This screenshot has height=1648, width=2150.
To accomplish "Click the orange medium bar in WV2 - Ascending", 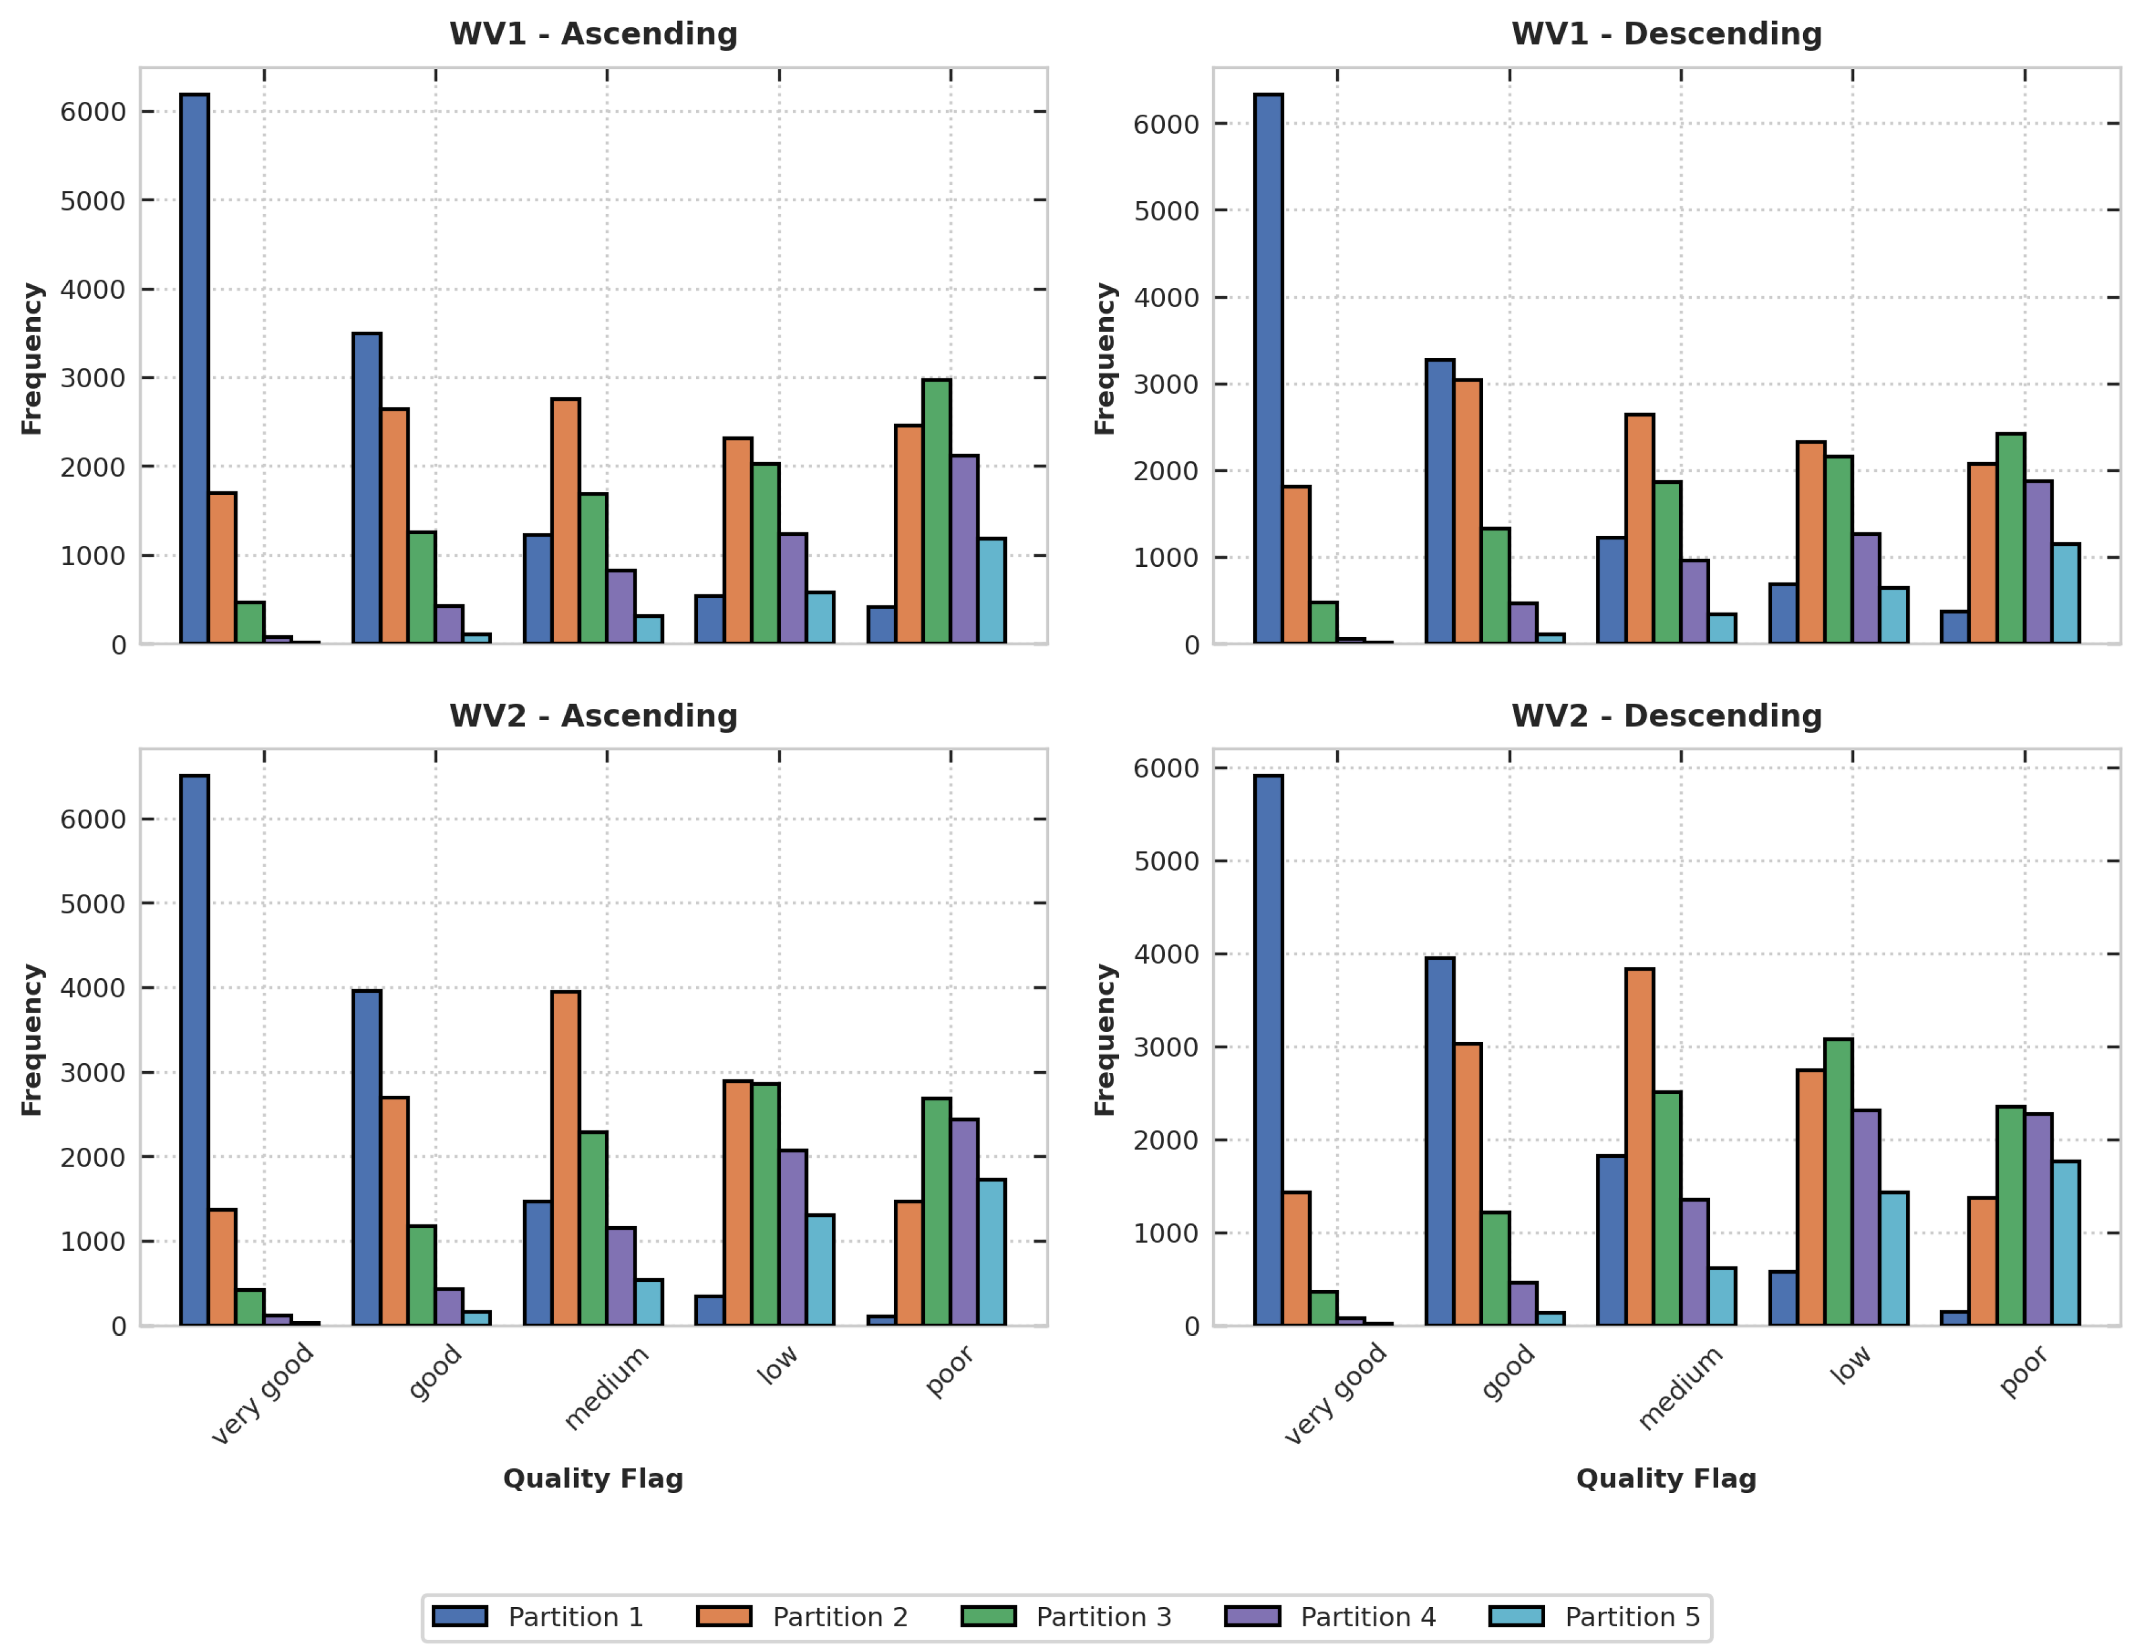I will click(x=565, y=1158).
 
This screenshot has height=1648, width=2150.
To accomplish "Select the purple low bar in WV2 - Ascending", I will click(x=793, y=1237).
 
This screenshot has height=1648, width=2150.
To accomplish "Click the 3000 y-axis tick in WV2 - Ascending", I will click(x=92, y=1073).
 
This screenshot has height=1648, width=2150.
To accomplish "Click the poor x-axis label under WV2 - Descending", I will click(x=2022, y=1371).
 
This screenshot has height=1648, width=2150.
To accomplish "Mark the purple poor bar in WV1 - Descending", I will click(x=2037, y=562).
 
